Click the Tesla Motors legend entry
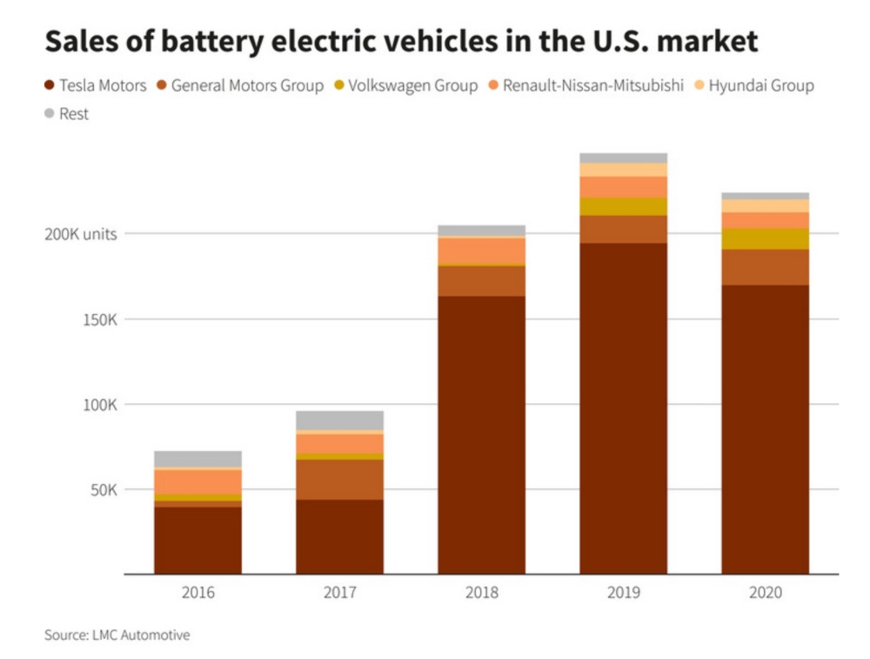click(x=96, y=85)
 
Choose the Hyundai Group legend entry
click(x=753, y=85)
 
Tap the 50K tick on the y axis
click(x=104, y=490)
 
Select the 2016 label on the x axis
click(x=197, y=593)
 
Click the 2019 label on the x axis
click(x=624, y=593)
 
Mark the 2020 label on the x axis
click(x=766, y=593)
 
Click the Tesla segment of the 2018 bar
click(x=482, y=435)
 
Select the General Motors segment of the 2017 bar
click(x=339, y=480)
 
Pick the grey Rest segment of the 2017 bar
click(x=339, y=420)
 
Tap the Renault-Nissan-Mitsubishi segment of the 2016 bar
click(x=197, y=481)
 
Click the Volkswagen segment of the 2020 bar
click(x=766, y=239)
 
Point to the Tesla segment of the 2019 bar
click(x=624, y=409)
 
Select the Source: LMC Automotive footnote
click(x=117, y=635)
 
